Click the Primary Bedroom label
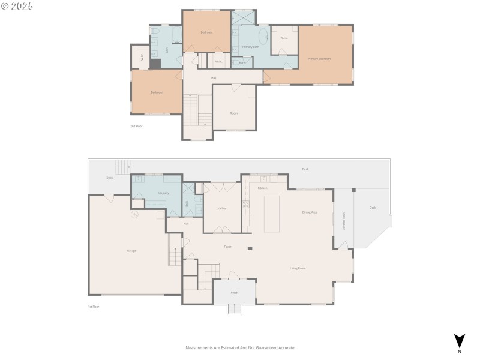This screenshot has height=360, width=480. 319,59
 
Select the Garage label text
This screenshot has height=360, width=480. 131,250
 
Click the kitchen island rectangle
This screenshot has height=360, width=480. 272,214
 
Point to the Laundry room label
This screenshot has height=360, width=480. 163,193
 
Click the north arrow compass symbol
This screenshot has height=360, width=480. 460,341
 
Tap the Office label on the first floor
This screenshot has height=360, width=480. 222,208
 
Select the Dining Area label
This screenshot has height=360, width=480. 310,212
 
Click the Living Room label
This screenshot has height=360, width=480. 298,268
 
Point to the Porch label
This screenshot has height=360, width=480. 235,293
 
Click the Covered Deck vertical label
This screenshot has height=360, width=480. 344,221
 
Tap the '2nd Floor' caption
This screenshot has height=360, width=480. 137,126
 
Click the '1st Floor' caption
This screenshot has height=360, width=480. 94,307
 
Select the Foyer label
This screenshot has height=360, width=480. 228,247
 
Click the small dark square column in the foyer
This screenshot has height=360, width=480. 250,248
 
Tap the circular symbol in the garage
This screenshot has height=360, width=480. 134,214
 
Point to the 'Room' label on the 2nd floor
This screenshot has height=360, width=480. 234,113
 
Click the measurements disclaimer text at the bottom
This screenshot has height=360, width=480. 240,348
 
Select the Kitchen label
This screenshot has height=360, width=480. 262,188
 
